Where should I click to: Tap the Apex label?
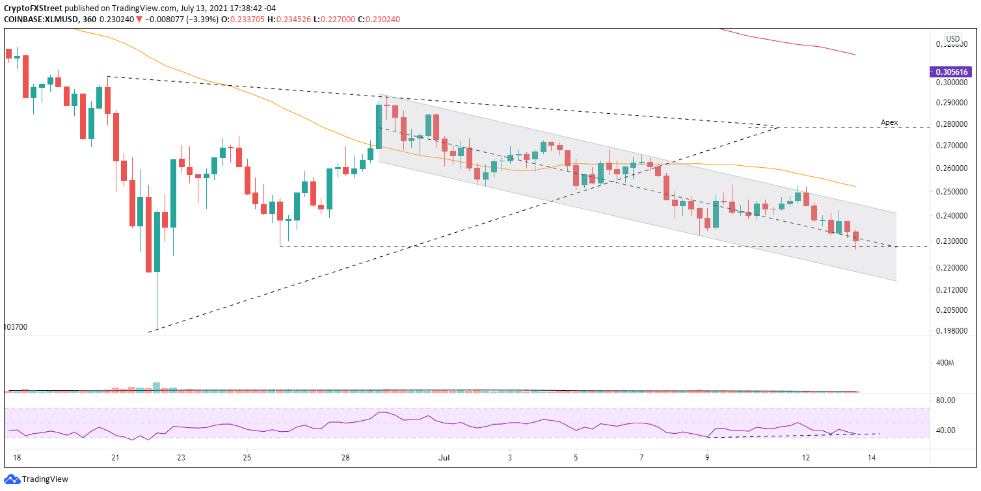point(889,122)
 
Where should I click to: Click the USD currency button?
point(953,38)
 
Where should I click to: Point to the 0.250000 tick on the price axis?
point(950,192)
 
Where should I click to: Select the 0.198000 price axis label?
point(950,331)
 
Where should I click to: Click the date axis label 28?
point(345,457)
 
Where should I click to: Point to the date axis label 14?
point(872,457)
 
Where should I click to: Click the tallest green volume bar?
point(156,386)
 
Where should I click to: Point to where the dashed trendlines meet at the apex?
point(779,126)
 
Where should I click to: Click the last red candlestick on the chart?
point(855,237)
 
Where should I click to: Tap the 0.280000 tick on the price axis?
point(950,124)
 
